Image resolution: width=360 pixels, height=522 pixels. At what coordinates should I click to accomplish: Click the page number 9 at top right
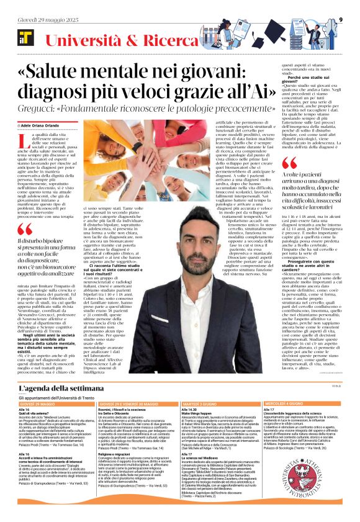pyautogui.click(x=341, y=19)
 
